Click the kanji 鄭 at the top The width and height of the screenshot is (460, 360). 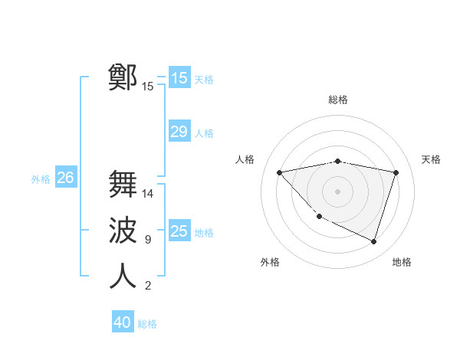pyautogui.click(x=123, y=77)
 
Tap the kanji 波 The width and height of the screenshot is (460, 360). pyautogui.click(x=123, y=231)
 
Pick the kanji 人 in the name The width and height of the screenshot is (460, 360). pyautogui.click(x=123, y=277)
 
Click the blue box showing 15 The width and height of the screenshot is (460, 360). pyautogui.click(x=179, y=77)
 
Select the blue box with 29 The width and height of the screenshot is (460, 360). pyautogui.click(x=179, y=132)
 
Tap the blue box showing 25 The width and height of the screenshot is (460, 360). pyautogui.click(x=179, y=231)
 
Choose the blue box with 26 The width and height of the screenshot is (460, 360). pyautogui.click(x=65, y=178)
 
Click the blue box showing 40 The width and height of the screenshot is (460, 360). pyautogui.click(x=122, y=322)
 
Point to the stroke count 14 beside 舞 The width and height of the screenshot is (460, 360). pyautogui.click(x=148, y=194)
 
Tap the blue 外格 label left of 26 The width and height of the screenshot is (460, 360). pyautogui.click(x=41, y=179)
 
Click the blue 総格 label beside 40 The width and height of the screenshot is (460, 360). pyautogui.click(x=147, y=324)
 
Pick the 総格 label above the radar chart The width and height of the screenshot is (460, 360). pyautogui.click(x=337, y=100)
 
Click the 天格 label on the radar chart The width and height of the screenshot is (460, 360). pyautogui.click(x=431, y=159)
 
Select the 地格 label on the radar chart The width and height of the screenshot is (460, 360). pyautogui.click(x=402, y=262)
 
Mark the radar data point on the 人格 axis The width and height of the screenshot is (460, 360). pyautogui.click(x=279, y=172)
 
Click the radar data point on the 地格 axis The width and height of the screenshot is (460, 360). pyautogui.click(x=373, y=241)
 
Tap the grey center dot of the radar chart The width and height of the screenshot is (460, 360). pyautogui.click(x=337, y=191)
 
